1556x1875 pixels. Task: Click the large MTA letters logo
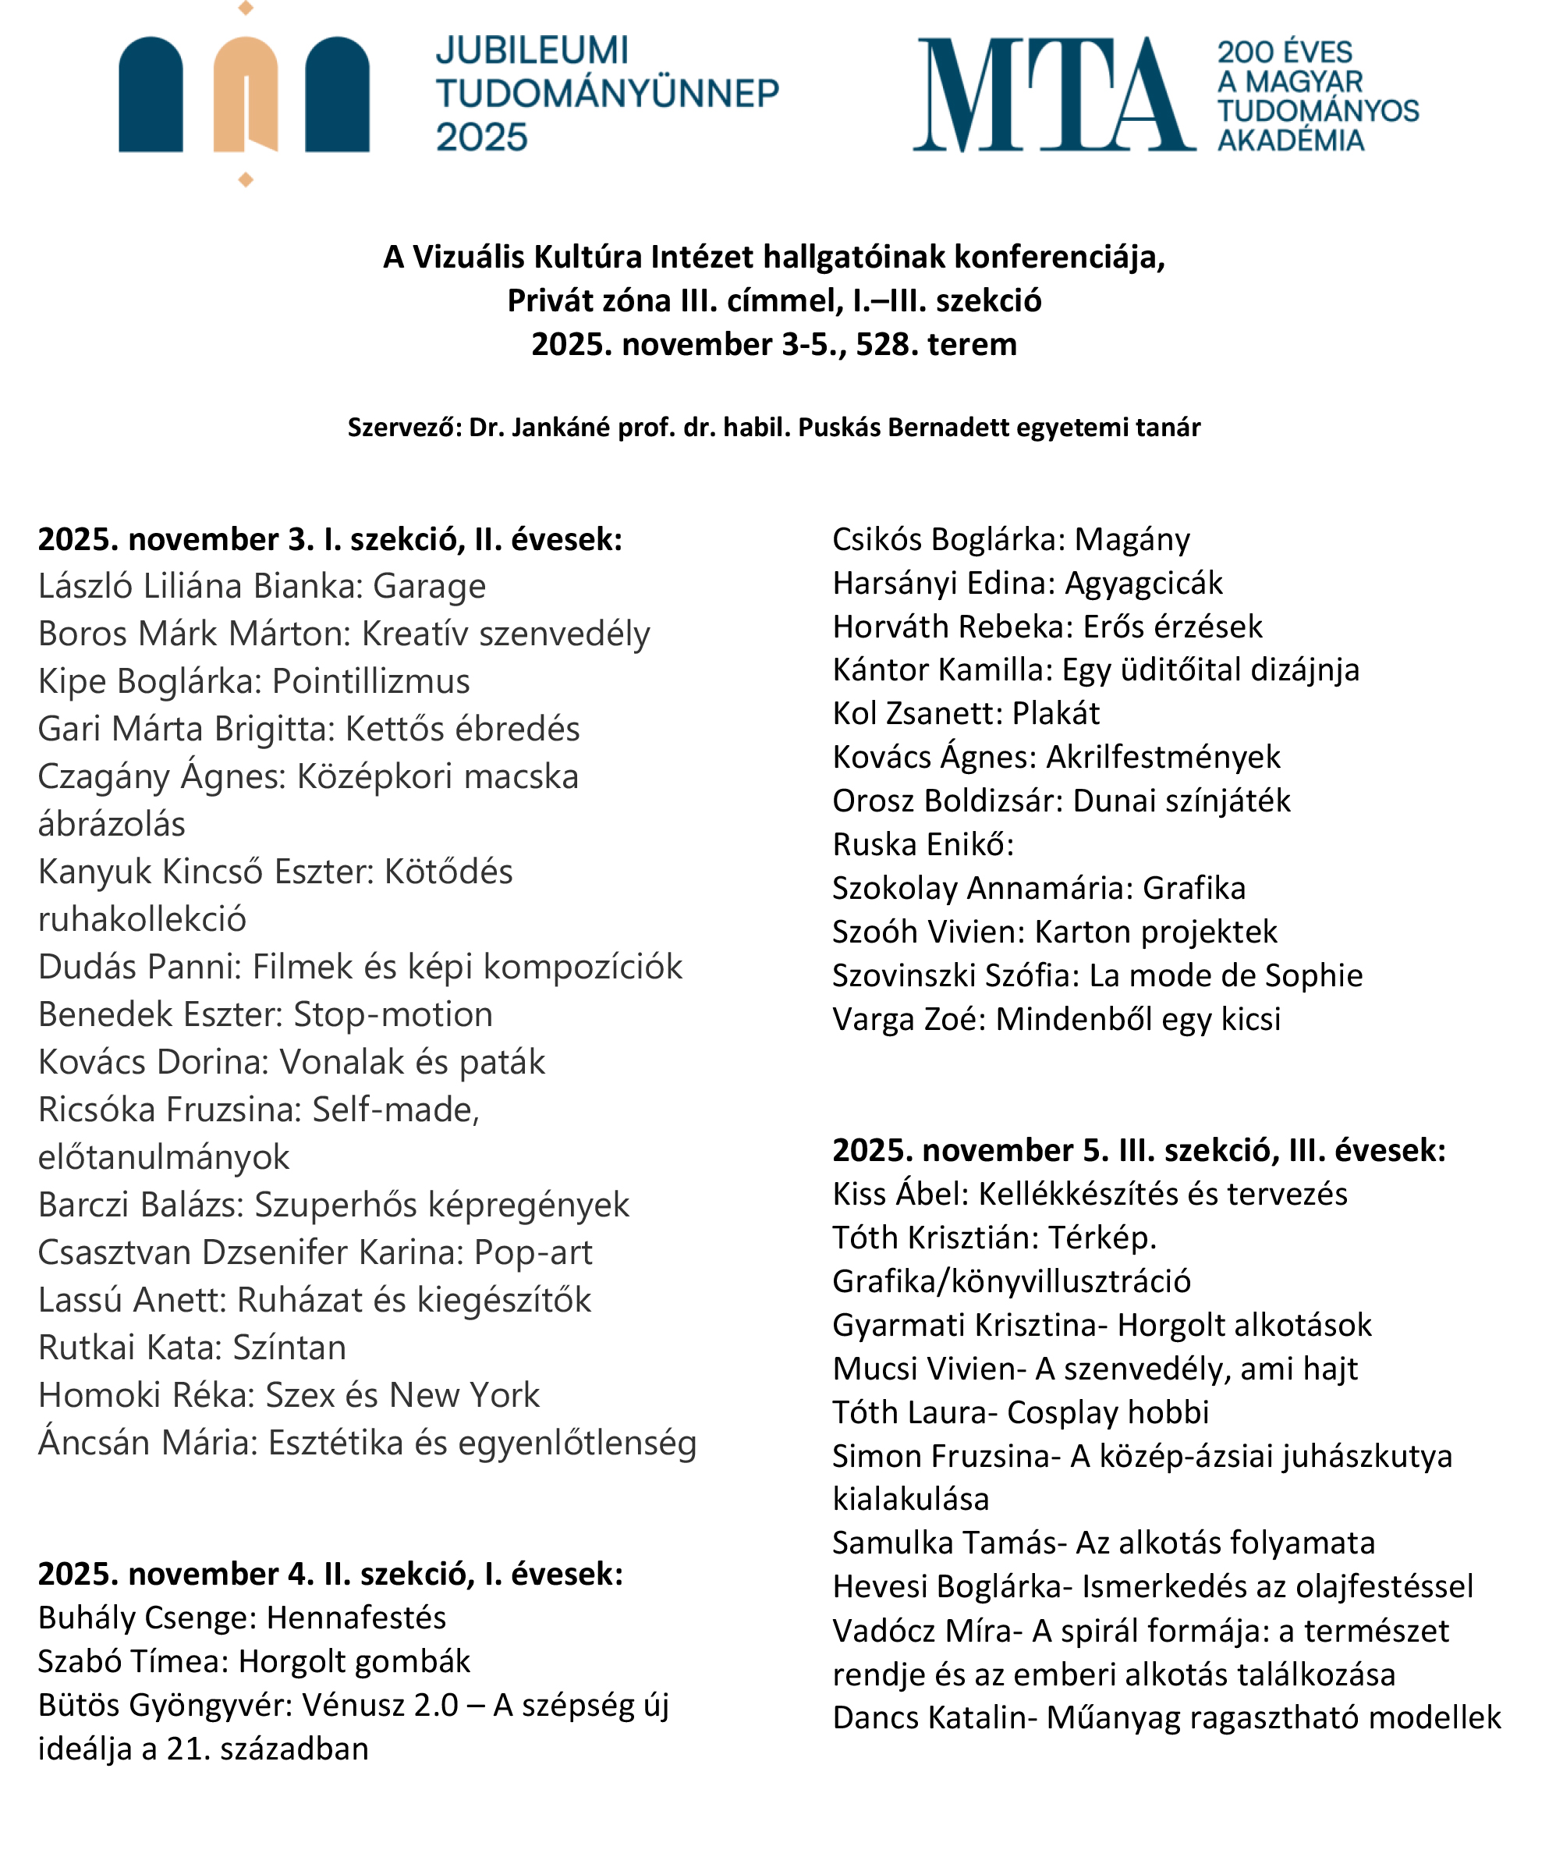[1054, 94]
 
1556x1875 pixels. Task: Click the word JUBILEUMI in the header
[532, 51]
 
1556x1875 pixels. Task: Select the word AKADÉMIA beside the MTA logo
[1290, 140]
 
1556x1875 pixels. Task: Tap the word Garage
[430, 587]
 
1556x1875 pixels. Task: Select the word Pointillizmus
[370, 681]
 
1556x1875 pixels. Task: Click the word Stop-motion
[393, 1014]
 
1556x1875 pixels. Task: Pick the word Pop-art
[533, 1252]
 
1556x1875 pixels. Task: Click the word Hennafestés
[356, 1617]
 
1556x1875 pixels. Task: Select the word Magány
[1132, 539]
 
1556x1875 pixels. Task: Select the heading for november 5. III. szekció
[1138, 1150]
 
